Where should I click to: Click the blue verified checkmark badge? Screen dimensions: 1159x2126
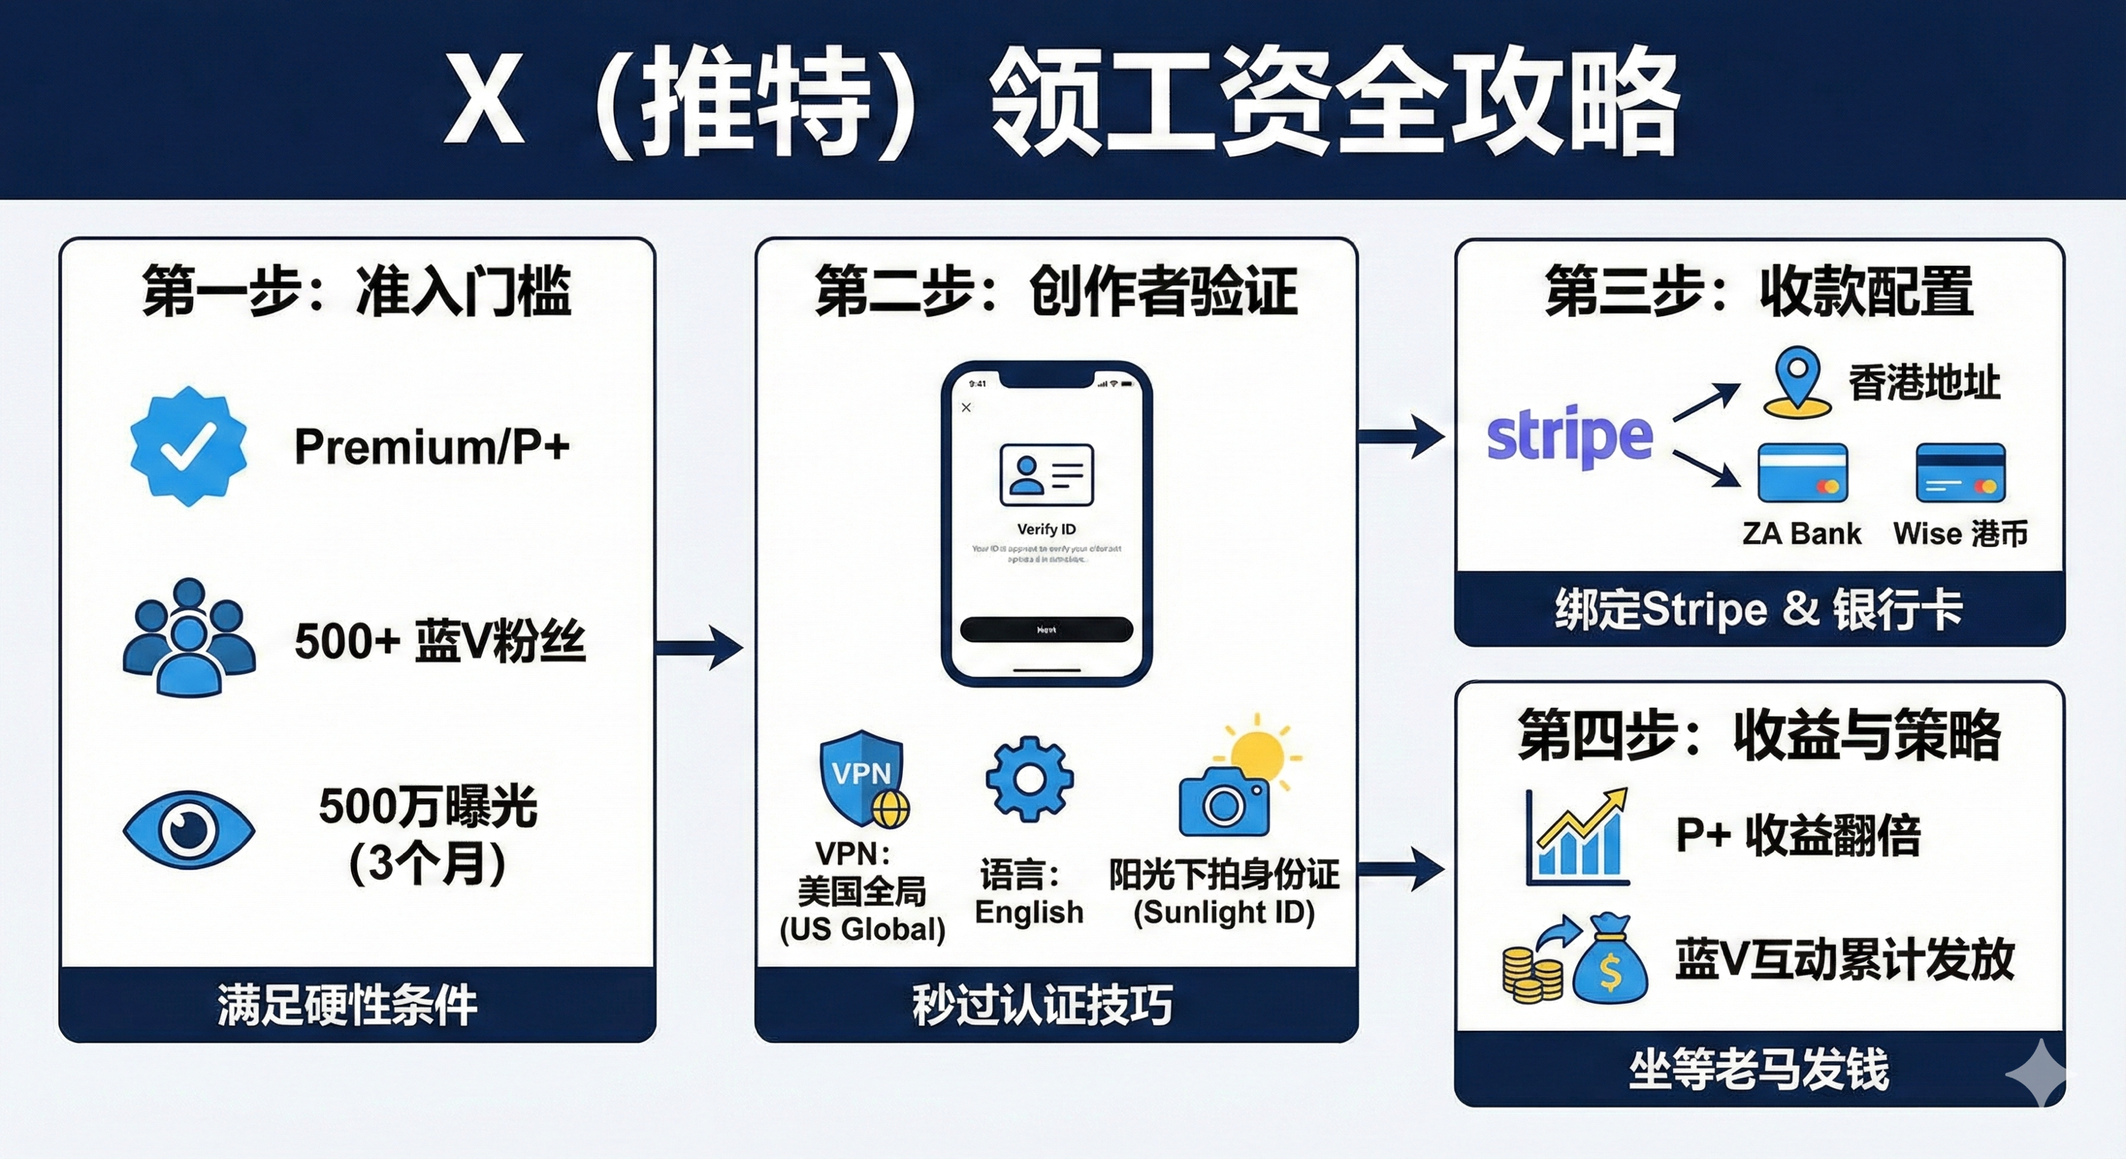click(x=188, y=446)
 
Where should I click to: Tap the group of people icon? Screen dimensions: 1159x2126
click(x=189, y=637)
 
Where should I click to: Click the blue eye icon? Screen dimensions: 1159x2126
click(x=188, y=830)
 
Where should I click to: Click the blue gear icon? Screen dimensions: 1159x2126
click(x=1029, y=779)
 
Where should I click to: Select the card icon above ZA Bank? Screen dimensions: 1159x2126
click(x=1803, y=474)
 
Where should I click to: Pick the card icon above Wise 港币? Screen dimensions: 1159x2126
click(x=1960, y=474)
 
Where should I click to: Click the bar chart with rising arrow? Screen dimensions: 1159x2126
click(x=1577, y=837)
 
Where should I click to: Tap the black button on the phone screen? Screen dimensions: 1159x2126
click(x=1046, y=630)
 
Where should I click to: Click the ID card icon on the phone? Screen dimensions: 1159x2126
click(x=1046, y=474)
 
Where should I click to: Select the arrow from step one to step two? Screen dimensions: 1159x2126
click(x=699, y=647)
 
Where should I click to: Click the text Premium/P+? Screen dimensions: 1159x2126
click(x=431, y=447)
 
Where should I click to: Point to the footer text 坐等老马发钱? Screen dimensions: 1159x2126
click(x=1759, y=1069)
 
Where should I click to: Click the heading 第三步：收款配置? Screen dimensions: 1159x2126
click(x=1759, y=291)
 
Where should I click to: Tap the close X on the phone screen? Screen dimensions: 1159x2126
click(x=966, y=407)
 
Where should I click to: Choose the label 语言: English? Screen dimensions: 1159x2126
click(x=1028, y=892)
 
